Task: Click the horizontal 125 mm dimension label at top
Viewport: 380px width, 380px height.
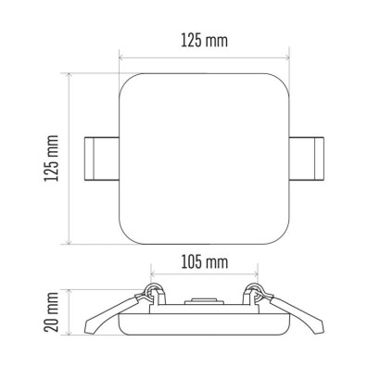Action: pyautogui.click(x=204, y=41)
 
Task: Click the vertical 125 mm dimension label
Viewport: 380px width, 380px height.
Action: pyautogui.click(x=51, y=158)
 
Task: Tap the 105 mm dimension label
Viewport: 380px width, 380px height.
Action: pyautogui.click(x=205, y=262)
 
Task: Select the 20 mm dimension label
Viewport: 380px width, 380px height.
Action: pyautogui.click(x=51, y=311)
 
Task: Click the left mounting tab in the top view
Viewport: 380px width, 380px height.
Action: pyautogui.click(x=102, y=158)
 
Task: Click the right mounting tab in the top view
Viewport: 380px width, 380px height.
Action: pyautogui.click(x=307, y=158)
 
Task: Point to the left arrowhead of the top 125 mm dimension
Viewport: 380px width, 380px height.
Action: pyautogui.click(x=121, y=57)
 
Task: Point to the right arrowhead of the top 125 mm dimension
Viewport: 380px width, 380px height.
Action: pyautogui.click(x=286, y=57)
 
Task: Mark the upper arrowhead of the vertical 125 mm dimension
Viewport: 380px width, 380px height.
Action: pyautogui.click(x=70, y=76)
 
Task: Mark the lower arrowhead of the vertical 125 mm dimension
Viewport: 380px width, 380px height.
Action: pyautogui.click(x=70, y=242)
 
